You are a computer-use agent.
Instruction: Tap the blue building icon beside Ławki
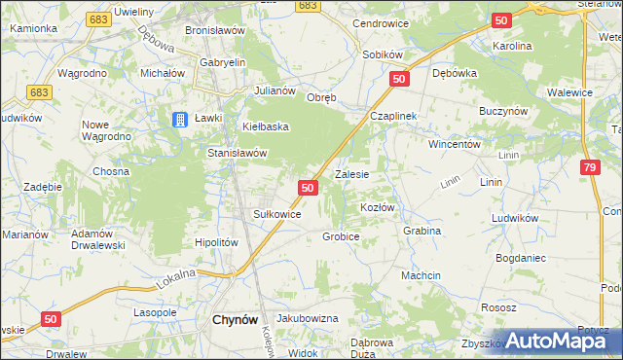(x=180, y=120)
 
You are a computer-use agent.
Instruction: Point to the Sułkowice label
(x=276, y=214)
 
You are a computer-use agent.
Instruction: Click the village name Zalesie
(x=351, y=175)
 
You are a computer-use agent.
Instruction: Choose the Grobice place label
(x=341, y=236)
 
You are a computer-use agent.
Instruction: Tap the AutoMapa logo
(x=562, y=341)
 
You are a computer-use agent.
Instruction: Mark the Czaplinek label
(x=392, y=116)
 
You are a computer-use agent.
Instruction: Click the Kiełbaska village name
(x=266, y=127)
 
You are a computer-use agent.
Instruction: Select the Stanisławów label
(x=237, y=153)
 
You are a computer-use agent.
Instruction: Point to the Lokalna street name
(x=176, y=278)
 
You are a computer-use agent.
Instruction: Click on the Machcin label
(x=421, y=275)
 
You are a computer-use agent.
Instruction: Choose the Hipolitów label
(x=216, y=242)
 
